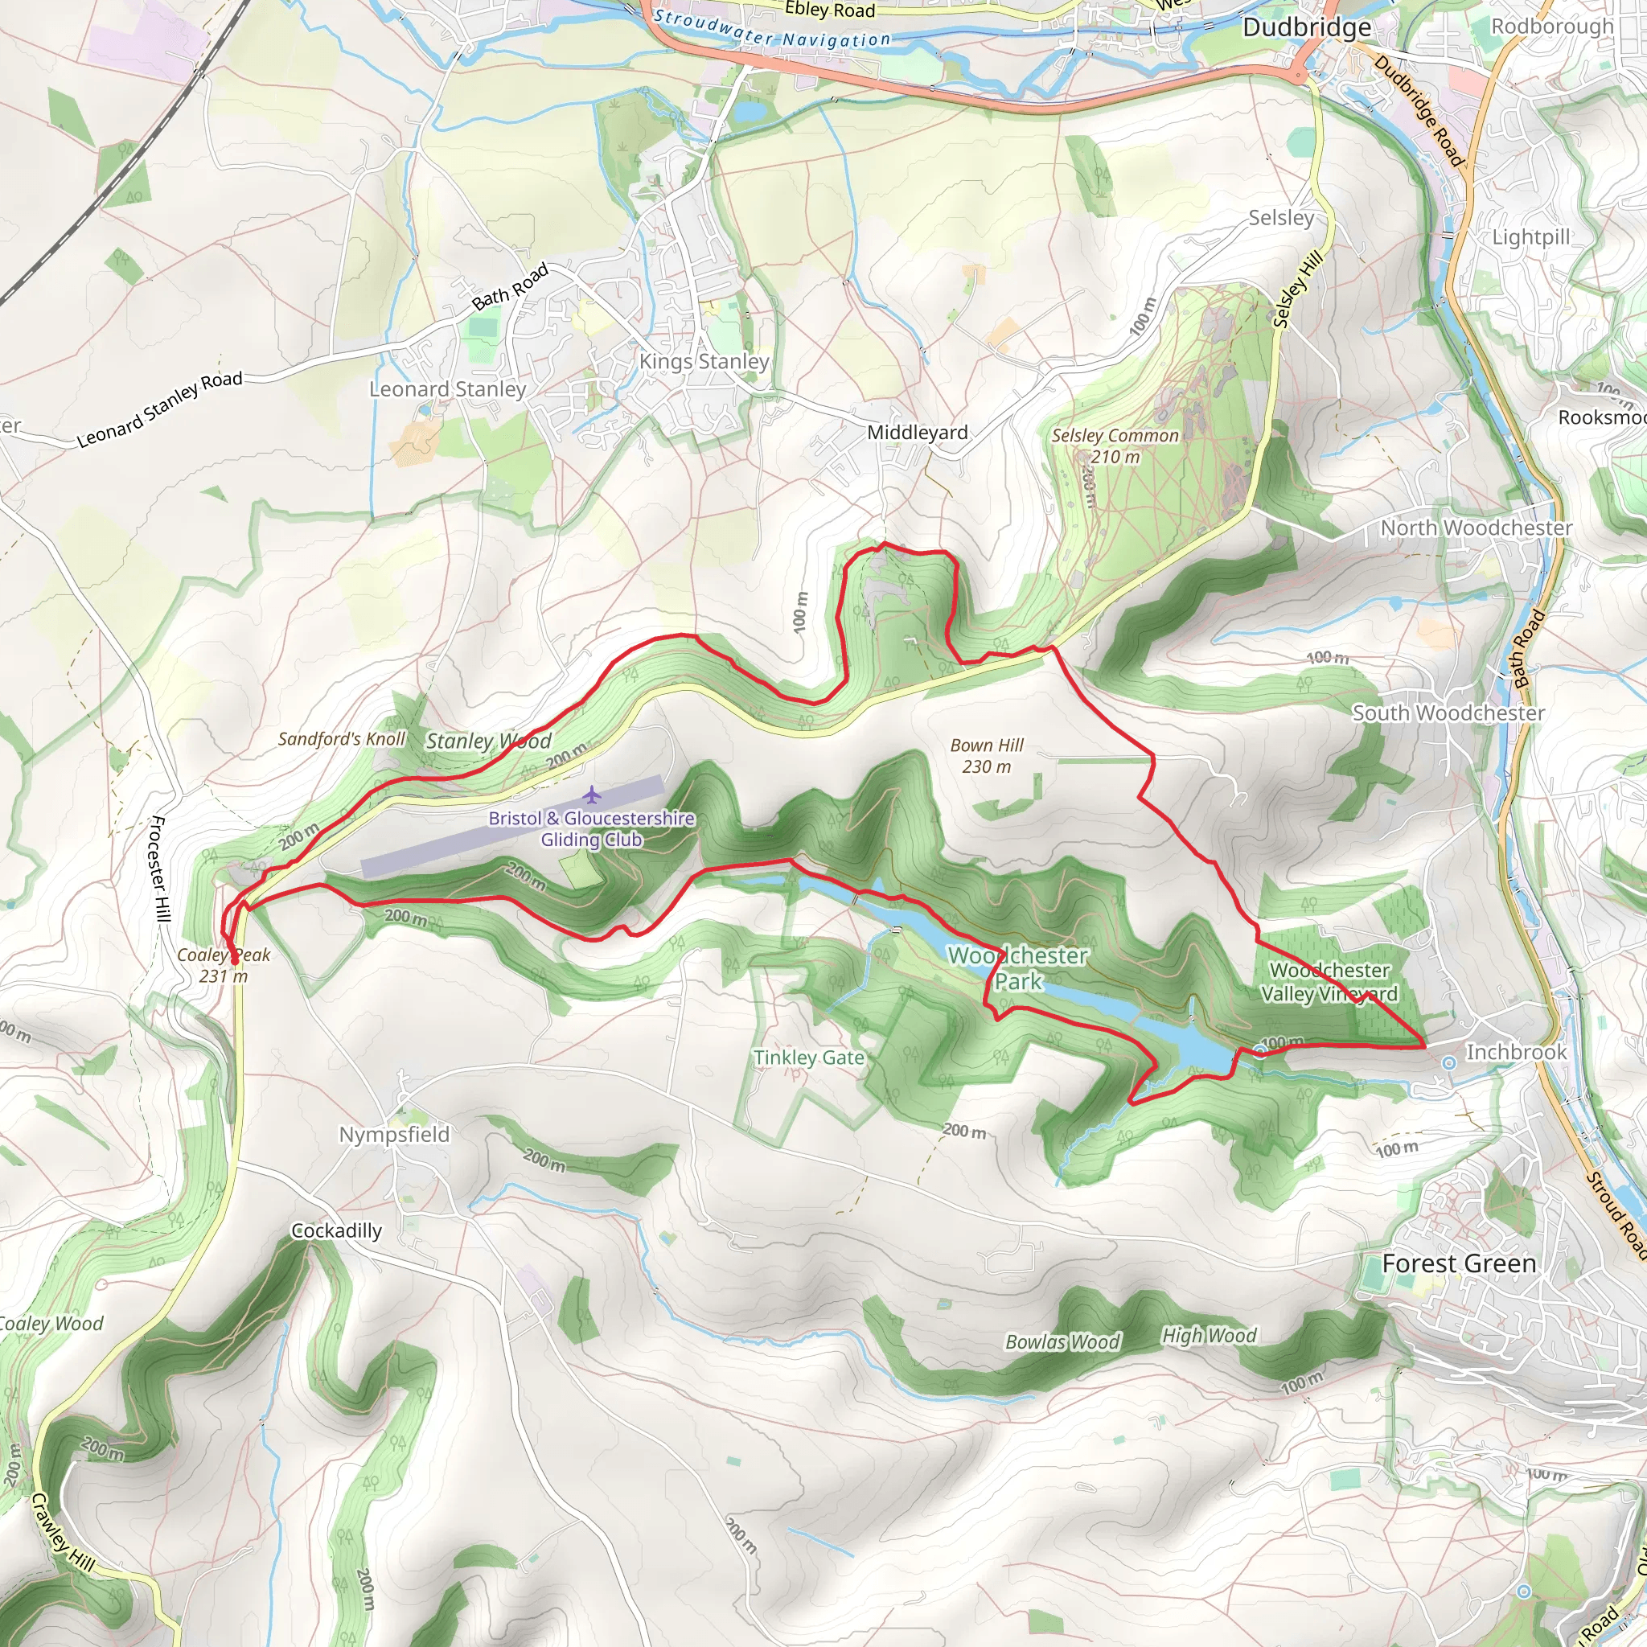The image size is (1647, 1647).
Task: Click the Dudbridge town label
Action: pyautogui.click(x=1306, y=28)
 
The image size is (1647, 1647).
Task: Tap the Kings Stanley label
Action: pyautogui.click(x=704, y=361)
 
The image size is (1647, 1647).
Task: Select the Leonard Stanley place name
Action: pyautogui.click(x=448, y=389)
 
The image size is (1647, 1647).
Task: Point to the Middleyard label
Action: pyautogui.click(x=918, y=433)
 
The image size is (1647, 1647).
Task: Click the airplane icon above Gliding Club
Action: pyautogui.click(x=593, y=795)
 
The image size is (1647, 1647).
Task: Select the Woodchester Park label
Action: pyautogui.click(x=1018, y=968)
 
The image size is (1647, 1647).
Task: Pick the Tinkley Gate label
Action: pyautogui.click(x=808, y=1058)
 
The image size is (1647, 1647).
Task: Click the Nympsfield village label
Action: pyautogui.click(x=394, y=1135)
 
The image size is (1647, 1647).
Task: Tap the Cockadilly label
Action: pyautogui.click(x=337, y=1231)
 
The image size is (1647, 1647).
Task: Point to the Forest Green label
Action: pyautogui.click(x=1459, y=1263)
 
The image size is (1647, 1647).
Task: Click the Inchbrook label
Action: pyautogui.click(x=1516, y=1053)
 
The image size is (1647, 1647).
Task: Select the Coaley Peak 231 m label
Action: pyautogui.click(x=224, y=966)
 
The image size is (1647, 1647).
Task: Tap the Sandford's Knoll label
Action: pyautogui.click(x=341, y=739)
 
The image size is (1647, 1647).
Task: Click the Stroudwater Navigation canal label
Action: pyautogui.click(x=771, y=31)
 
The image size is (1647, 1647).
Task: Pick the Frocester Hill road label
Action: pyautogui.click(x=159, y=868)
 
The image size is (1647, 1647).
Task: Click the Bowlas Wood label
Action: pyautogui.click(x=1062, y=1342)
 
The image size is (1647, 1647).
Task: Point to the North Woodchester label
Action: pyautogui.click(x=1476, y=528)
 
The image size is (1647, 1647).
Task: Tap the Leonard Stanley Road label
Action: pyautogui.click(x=160, y=409)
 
